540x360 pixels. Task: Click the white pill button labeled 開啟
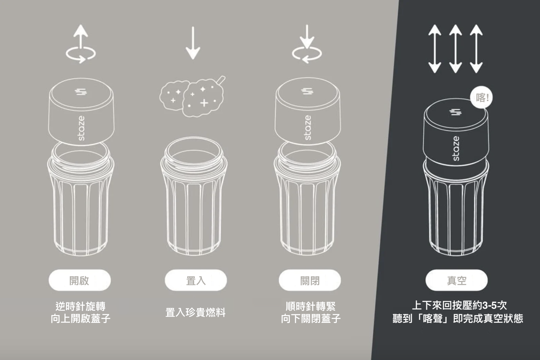coord(80,280)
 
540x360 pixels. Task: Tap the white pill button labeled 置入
coord(196,280)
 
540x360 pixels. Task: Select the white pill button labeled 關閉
coord(310,280)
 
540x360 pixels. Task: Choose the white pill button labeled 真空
coord(457,280)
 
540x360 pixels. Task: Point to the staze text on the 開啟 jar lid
coord(81,128)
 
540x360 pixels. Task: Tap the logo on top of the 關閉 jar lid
coord(307,91)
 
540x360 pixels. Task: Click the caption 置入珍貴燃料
coord(195,312)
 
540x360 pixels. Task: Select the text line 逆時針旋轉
coord(81,306)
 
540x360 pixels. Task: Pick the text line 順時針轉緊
coord(311,306)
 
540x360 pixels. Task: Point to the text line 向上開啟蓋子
coord(81,319)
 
